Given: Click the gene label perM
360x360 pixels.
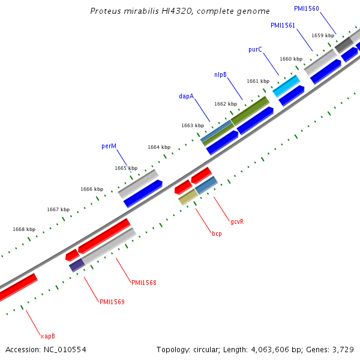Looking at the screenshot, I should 109,146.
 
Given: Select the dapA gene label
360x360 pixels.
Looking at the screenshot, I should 186,96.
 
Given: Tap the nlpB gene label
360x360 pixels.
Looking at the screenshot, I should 220,74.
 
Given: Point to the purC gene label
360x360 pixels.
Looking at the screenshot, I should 255,49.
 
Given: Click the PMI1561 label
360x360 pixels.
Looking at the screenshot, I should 283,26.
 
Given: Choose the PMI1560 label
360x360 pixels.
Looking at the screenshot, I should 306,9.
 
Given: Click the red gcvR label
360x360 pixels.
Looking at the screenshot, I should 237,221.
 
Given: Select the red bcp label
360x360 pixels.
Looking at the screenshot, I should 217,233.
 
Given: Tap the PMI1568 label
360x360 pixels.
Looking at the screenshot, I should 143,283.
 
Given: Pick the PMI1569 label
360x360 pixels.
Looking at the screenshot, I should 112,302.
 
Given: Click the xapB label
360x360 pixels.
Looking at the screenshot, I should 47,336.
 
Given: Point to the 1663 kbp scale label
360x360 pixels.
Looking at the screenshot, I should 193,125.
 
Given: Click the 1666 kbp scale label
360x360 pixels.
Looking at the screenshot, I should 92,189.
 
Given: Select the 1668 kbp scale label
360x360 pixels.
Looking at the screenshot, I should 24,229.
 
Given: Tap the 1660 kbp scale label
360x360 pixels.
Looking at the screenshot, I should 290,59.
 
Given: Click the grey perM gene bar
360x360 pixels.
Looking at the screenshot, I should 137,184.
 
